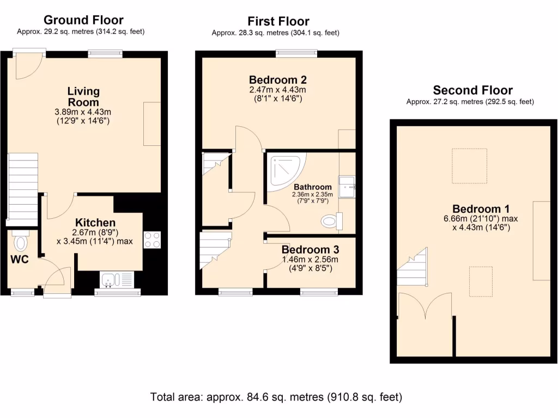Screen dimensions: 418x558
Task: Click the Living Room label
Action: pyautogui.click(x=83, y=96)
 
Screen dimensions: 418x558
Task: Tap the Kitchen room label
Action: pyautogui.click(x=95, y=223)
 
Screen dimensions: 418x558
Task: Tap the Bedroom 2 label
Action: pyautogui.click(x=277, y=79)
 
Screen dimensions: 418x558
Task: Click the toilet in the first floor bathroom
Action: pyautogui.click(x=330, y=221)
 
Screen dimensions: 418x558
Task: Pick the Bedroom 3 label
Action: pyautogui.click(x=310, y=250)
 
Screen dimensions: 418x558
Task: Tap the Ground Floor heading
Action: pyautogui.click(x=83, y=20)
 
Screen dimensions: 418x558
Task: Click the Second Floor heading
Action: pyautogui.click(x=472, y=90)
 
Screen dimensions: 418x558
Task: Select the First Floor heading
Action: pyautogui.click(x=278, y=21)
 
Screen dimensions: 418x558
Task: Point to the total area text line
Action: pyautogui.click(x=276, y=397)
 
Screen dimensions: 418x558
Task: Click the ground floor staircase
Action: pyautogui.click(x=23, y=188)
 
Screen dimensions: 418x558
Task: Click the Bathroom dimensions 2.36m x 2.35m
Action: pyautogui.click(x=311, y=194)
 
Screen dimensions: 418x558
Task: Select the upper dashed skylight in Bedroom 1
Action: pyautogui.click(x=470, y=166)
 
